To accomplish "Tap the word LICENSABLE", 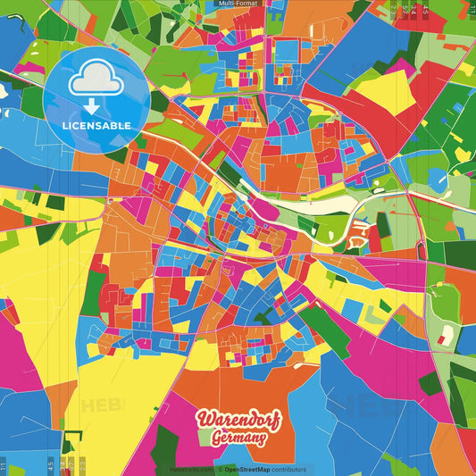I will [x=96, y=126].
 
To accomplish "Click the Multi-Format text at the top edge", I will [x=238, y=4].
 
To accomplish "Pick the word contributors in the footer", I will [x=290, y=469].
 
